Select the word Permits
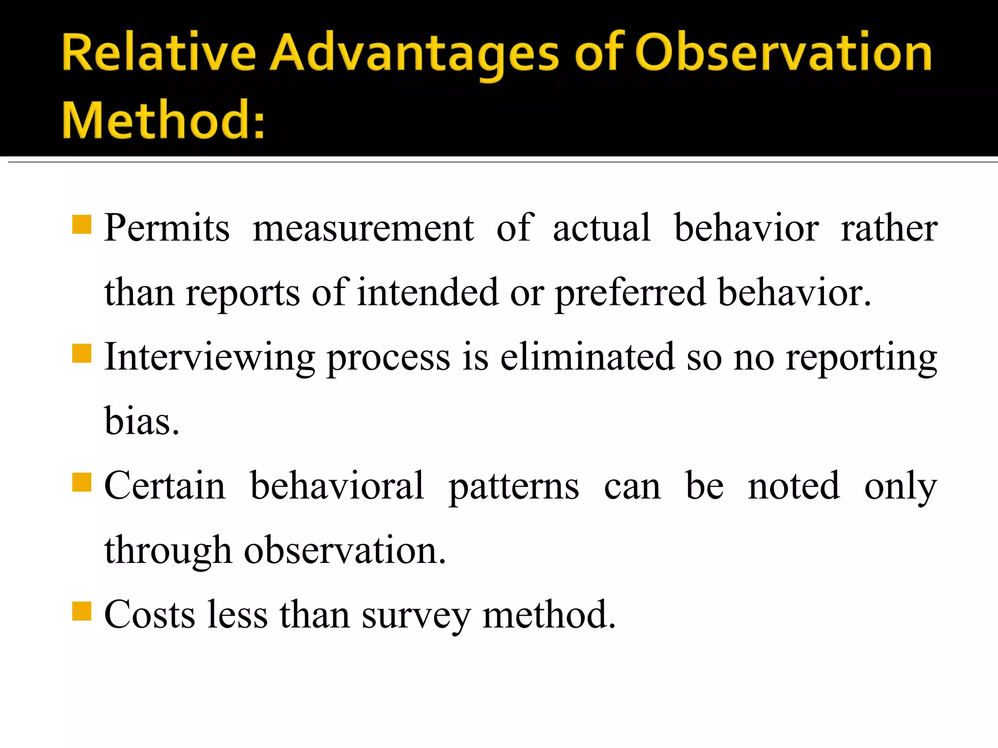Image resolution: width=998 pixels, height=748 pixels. pyautogui.click(x=167, y=228)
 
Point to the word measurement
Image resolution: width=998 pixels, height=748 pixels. pyautogui.click(x=363, y=228)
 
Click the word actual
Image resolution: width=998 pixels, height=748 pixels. pyautogui.click(x=601, y=228)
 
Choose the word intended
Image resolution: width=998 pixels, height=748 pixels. pyautogui.click(x=428, y=292)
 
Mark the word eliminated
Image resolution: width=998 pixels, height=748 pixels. pyautogui.click(x=587, y=356)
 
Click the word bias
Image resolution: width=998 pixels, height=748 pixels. pyautogui.click(x=141, y=421)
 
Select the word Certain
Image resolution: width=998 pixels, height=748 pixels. pyautogui.click(x=165, y=486)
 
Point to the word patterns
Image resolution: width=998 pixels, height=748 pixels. pyautogui.click(x=514, y=486)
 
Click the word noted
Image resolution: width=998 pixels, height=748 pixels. pyautogui.click(x=794, y=486)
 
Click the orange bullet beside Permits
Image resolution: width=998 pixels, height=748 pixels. pyautogui.click(x=82, y=225)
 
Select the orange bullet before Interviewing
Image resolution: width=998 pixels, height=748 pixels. pyautogui.click(x=82, y=354)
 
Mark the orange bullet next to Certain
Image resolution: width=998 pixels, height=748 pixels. pyautogui.click(x=82, y=483)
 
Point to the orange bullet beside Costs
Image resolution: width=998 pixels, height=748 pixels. pyautogui.click(x=82, y=612)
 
